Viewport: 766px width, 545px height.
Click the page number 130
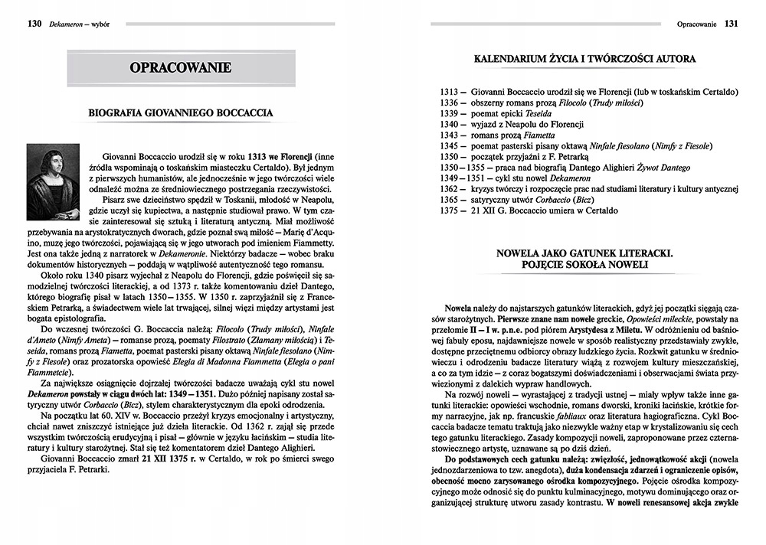[34, 24]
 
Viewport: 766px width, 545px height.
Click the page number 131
[732, 24]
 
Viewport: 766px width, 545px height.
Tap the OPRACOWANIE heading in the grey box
[181, 67]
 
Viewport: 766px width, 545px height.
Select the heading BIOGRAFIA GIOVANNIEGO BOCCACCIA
[181, 113]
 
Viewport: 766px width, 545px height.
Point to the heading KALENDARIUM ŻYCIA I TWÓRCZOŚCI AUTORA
[584, 58]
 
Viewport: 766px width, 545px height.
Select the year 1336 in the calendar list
[449, 103]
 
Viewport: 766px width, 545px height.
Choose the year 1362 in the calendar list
[449, 188]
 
